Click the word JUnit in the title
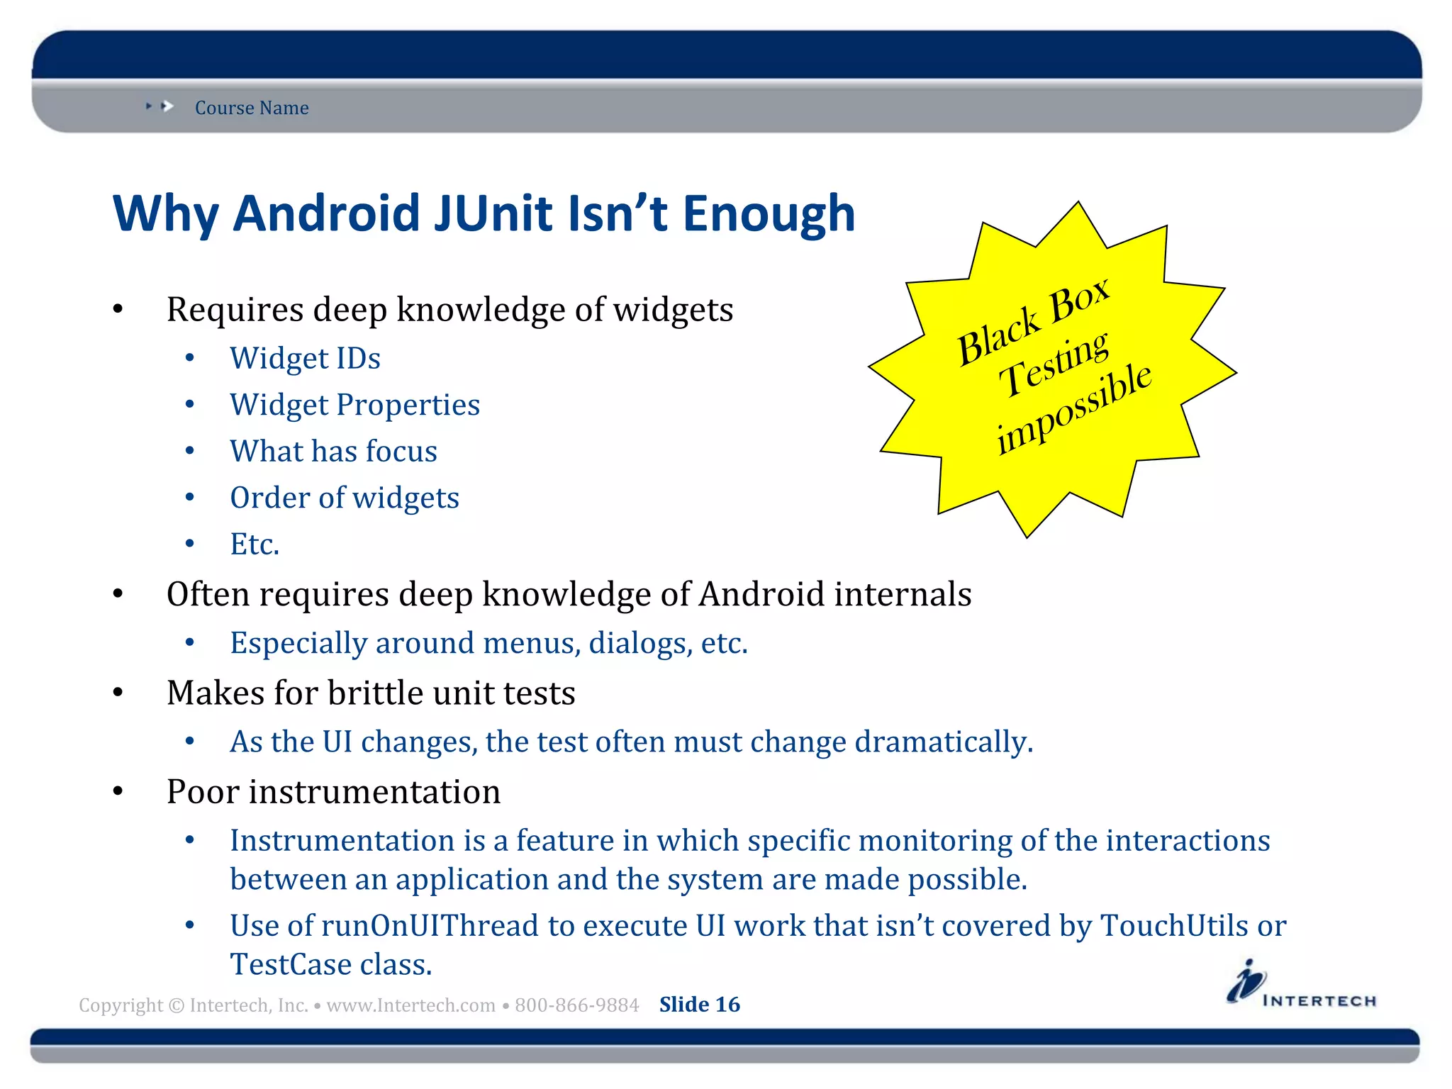pos(493,214)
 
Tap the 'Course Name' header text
pos(252,108)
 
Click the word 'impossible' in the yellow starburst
pos(1073,409)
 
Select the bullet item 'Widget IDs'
pos(305,359)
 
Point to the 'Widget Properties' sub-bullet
pos(354,405)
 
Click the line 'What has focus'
pos(333,452)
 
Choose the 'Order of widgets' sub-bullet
pos(345,498)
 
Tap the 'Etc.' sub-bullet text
pos(255,544)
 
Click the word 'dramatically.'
pos(944,742)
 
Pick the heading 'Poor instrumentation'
pos(333,792)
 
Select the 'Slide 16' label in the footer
pos(699,1005)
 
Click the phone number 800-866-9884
pos(576,1005)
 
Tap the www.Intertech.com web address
pos(411,1005)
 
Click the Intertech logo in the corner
pos(1301,985)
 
